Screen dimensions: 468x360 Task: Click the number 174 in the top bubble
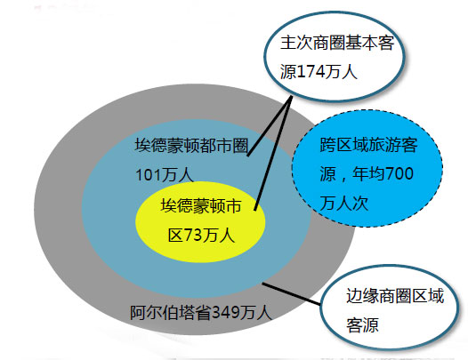[x=311, y=72]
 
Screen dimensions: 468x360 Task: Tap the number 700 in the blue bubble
[x=399, y=173]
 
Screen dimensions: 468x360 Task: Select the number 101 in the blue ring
[x=148, y=175]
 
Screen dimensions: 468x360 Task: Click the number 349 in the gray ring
[x=226, y=312]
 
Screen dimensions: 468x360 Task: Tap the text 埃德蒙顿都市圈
[x=191, y=146]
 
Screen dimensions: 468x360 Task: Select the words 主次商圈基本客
[x=337, y=43]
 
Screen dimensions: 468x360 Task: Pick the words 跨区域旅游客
[x=368, y=145]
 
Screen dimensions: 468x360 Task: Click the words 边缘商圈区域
[x=395, y=296]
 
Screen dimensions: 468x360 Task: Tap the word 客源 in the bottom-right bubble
[x=362, y=325]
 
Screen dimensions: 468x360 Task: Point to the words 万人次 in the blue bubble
[x=344, y=204]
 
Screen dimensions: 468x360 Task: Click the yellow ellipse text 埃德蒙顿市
[x=201, y=206]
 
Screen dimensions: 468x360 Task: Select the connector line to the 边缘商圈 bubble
[x=291, y=294]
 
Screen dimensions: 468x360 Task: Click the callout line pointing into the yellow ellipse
[x=273, y=153]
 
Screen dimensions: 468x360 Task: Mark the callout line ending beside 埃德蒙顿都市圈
[x=269, y=125]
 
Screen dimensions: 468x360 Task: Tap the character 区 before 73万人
[x=176, y=236]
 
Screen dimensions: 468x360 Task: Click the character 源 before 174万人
[x=288, y=72]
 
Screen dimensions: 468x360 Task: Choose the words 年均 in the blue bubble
[x=369, y=173]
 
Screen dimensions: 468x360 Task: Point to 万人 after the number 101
[x=177, y=175]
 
